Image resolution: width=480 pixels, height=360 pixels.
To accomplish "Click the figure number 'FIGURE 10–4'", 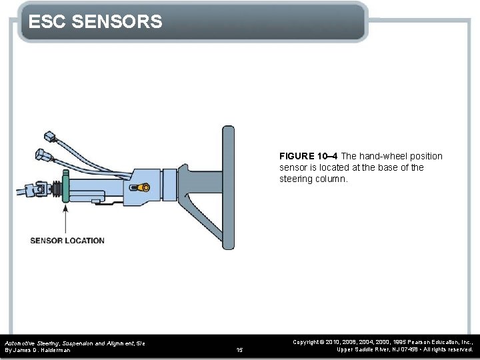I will [x=309, y=156].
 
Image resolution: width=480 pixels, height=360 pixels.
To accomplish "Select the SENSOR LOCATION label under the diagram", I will [x=67, y=241].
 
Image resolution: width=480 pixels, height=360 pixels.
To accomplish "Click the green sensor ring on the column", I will [x=65, y=189].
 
